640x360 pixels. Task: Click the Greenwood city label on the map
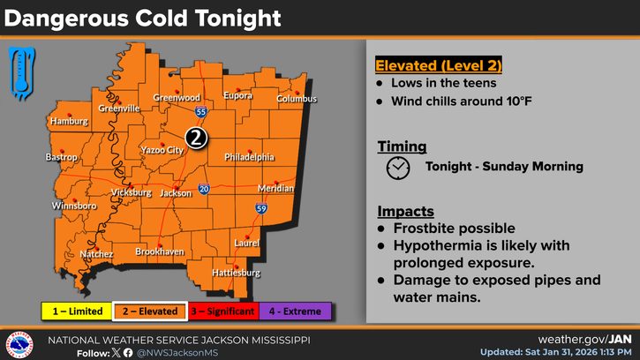(x=171, y=98)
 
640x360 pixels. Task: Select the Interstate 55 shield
(x=201, y=113)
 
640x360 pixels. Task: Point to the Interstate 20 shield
(x=204, y=189)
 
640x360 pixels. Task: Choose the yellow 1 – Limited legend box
(x=77, y=311)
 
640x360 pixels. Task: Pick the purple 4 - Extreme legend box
(x=297, y=311)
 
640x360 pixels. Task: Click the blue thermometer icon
(x=19, y=71)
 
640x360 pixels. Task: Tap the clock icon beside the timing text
(x=398, y=167)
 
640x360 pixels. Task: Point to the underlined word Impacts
(x=406, y=212)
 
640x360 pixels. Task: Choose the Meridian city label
(x=275, y=189)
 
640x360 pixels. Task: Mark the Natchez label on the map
(x=97, y=254)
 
